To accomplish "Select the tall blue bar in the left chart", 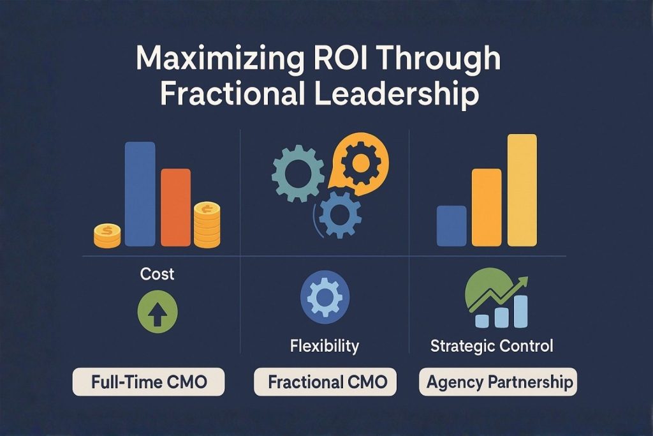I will [x=140, y=193].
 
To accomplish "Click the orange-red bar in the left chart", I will [x=175, y=207].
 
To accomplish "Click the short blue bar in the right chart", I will [x=451, y=225].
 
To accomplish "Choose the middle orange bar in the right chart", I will [x=486, y=207].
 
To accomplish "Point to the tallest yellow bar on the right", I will [x=522, y=190].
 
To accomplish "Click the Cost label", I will [x=158, y=274].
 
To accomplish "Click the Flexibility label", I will [x=324, y=347].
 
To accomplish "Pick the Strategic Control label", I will [x=492, y=347].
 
